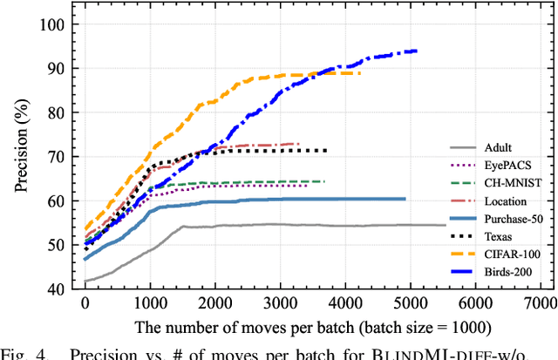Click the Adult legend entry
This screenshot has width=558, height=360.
coord(500,148)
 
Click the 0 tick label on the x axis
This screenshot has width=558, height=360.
coord(85,304)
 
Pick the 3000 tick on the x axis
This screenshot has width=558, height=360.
coord(279,304)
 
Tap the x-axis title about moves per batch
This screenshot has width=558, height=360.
coord(310,327)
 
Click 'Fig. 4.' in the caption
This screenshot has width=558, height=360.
coord(24,353)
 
